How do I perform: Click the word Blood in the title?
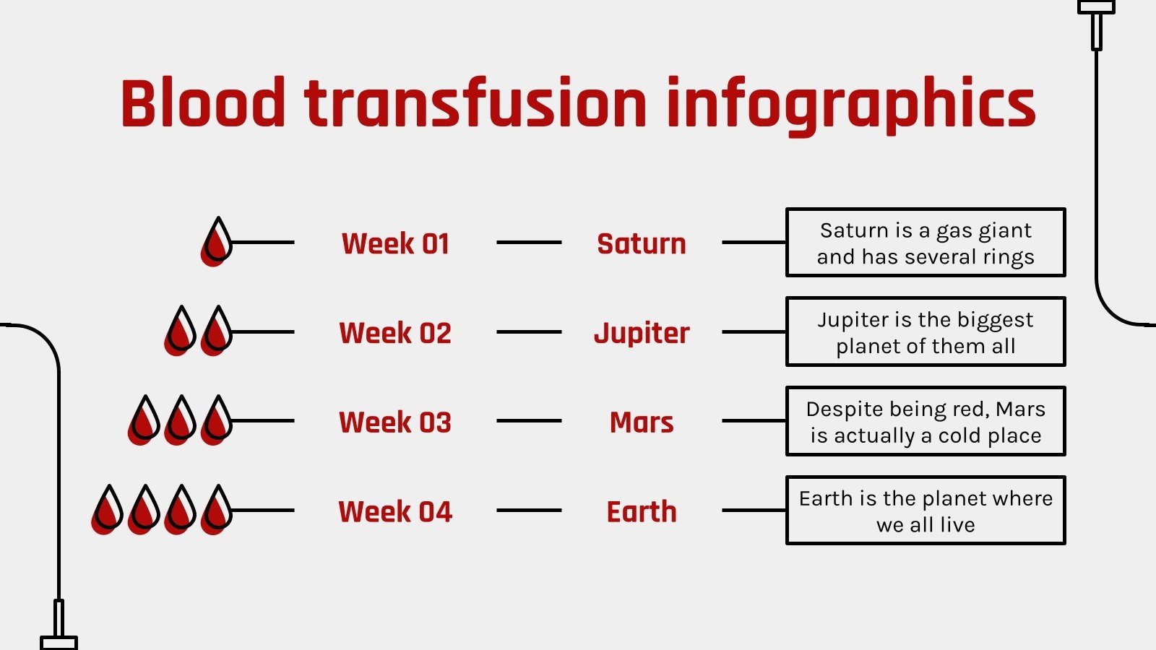[x=203, y=103]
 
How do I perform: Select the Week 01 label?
[x=395, y=243]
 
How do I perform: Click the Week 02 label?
[x=395, y=333]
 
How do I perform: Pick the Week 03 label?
[x=395, y=422]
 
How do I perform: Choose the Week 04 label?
[x=395, y=512]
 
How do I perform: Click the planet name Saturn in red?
[x=642, y=243]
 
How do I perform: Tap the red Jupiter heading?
[x=642, y=333]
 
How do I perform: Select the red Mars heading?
[x=642, y=422]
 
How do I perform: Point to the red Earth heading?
[x=642, y=512]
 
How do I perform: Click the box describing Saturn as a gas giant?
[x=926, y=243]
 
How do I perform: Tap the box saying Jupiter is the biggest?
[x=926, y=332]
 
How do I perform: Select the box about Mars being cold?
[x=926, y=422]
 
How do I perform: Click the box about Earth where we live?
[x=926, y=511]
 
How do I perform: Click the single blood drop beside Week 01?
[x=216, y=241]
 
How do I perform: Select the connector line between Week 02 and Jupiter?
[x=529, y=332]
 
